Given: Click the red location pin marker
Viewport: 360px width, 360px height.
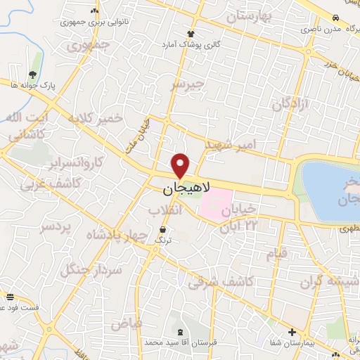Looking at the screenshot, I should point(181,165).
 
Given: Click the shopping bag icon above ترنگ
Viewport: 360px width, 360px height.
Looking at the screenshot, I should point(163,230).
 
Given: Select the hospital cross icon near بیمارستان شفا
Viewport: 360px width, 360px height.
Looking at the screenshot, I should point(292,332).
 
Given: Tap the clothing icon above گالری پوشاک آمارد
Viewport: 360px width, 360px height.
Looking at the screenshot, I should point(190,34).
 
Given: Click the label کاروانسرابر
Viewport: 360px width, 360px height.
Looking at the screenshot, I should point(77,162).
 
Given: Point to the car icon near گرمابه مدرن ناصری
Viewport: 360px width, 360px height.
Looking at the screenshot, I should point(337,18).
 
